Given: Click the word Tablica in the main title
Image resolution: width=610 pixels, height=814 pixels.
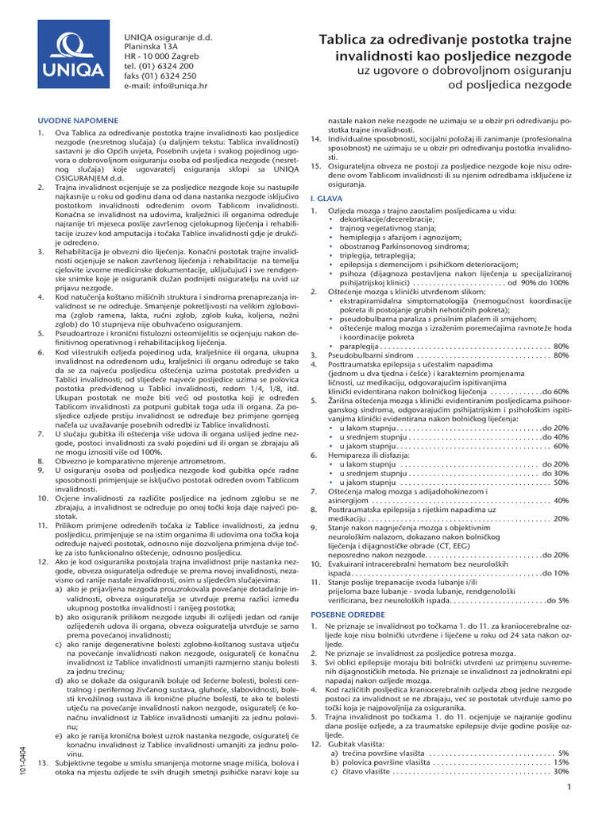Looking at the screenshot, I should click(x=347, y=40).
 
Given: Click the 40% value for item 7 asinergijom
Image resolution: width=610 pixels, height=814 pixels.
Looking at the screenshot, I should click(x=560, y=500).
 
